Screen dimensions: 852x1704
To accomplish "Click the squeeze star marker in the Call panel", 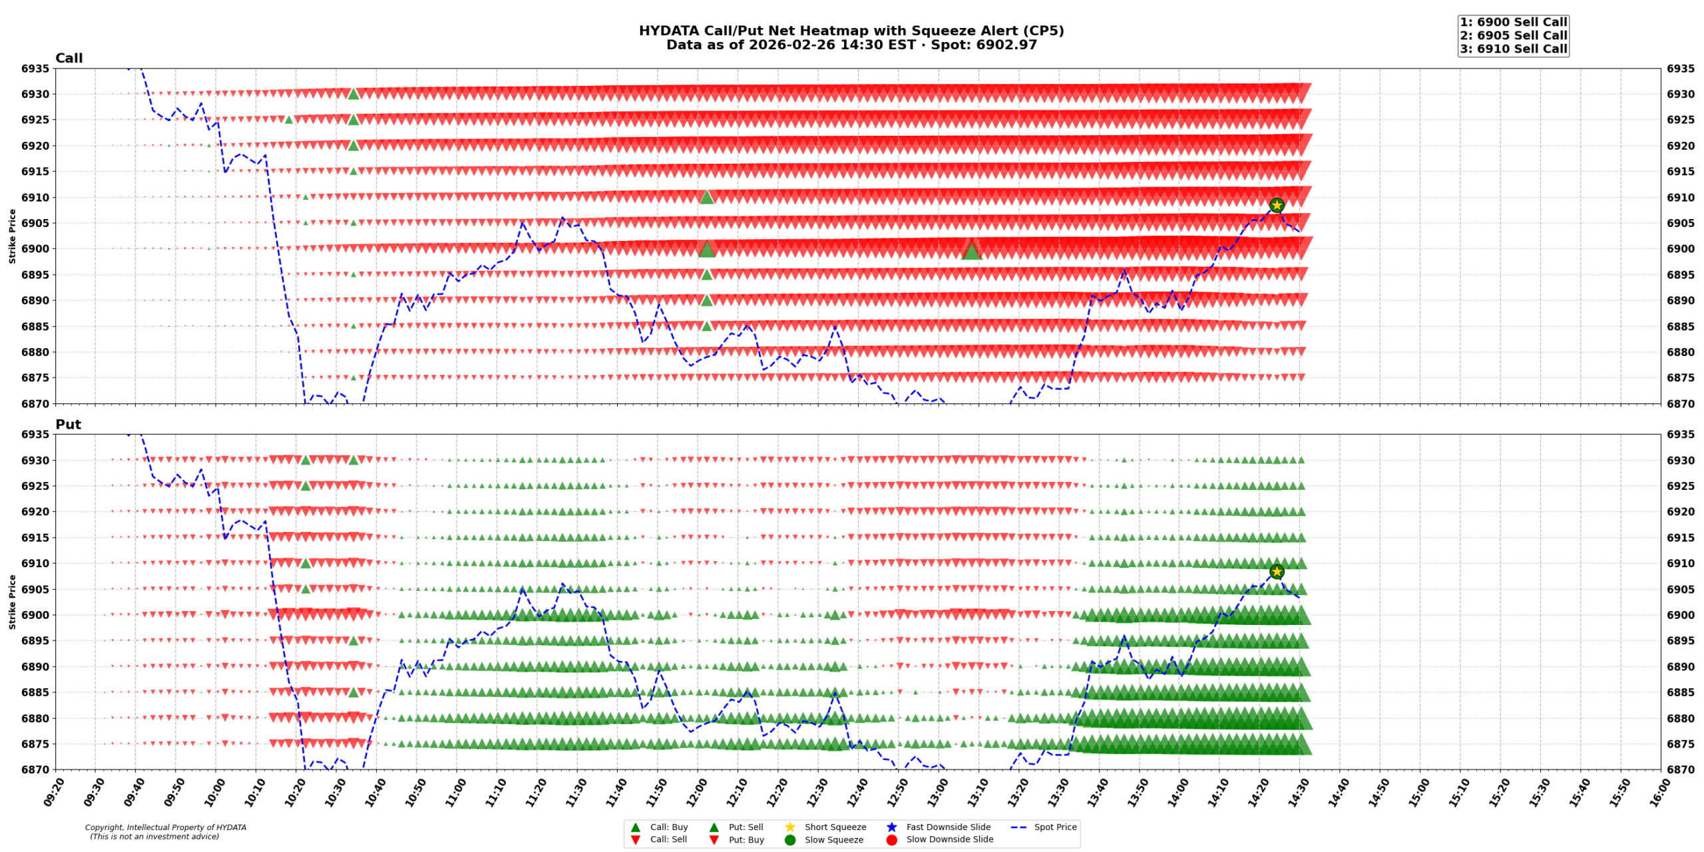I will [1276, 205].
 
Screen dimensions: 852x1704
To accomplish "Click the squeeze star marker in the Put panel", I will [1276, 571].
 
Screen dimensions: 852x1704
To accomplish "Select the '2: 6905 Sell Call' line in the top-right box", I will [1513, 35].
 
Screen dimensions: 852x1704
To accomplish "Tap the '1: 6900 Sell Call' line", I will [1513, 22].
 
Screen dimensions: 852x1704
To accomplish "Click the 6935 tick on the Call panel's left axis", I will [35, 69].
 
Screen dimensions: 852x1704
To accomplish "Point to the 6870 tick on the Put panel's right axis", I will [1681, 769].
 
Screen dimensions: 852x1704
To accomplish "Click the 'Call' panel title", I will [69, 59].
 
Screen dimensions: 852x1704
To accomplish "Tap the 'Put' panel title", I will [68, 425].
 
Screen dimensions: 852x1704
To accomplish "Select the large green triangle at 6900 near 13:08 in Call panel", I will [971, 250].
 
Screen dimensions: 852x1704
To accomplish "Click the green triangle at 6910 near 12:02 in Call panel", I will [707, 197].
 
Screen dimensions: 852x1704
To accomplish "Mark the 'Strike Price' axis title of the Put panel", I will [12, 602].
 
